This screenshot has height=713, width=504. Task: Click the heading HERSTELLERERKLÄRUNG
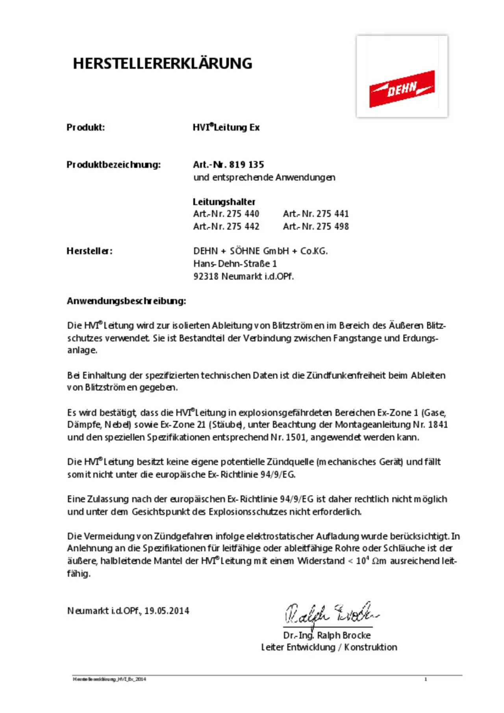pyautogui.click(x=162, y=63)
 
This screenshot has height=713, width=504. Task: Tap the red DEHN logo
pyautogui.click(x=402, y=89)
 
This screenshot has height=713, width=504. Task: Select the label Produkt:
pyautogui.click(x=85, y=127)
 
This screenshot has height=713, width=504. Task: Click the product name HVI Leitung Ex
pyautogui.click(x=226, y=127)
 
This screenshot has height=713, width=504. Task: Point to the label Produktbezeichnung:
pyautogui.click(x=113, y=165)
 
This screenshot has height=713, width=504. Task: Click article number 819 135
pyautogui.click(x=246, y=165)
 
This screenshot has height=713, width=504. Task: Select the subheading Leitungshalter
pyautogui.click(x=224, y=202)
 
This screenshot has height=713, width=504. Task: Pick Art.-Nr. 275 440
pyautogui.click(x=226, y=214)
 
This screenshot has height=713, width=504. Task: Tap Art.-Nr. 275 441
pyautogui.click(x=316, y=214)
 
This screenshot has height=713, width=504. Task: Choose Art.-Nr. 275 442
pyautogui.click(x=226, y=226)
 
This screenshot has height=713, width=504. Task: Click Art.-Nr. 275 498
pyautogui.click(x=316, y=226)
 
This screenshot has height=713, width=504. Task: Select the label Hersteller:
pyautogui.click(x=89, y=251)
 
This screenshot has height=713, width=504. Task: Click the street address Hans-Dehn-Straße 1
pyautogui.click(x=235, y=263)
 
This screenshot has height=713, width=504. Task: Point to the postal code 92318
pyautogui.click(x=206, y=276)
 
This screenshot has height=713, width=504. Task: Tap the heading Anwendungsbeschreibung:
pyautogui.click(x=126, y=301)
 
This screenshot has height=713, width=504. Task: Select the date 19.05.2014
pyautogui.click(x=167, y=611)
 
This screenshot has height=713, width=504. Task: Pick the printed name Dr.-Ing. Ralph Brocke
pyautogui.click(x=327, y=635)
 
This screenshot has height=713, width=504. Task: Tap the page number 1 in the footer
pyautogui.click(x=426, y=679)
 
